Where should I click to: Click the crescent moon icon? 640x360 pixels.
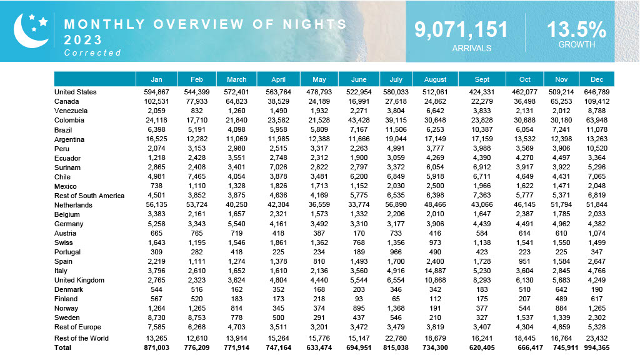(28, 31)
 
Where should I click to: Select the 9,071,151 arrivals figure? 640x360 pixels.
(461, 30)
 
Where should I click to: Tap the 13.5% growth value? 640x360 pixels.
(576, 30)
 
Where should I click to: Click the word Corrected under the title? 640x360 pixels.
(92, 53)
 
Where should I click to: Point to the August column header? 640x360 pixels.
(435, 79)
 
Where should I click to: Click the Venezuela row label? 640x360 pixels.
(71, 111)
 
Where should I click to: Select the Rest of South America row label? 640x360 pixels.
(89, 196)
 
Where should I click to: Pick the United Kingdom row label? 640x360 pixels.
(79, 280)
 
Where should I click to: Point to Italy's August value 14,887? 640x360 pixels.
(435, 271)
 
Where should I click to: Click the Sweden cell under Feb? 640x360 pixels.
(197, 317)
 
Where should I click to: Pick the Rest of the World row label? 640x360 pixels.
(81, 338)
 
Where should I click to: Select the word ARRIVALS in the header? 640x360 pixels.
(472, 48)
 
